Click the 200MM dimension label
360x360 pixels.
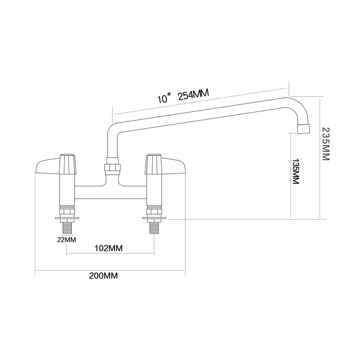point(103,276)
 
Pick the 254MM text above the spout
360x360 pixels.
point(193,95)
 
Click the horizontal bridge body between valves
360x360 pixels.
point(111,192)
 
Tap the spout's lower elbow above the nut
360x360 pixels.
point(112,131)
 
